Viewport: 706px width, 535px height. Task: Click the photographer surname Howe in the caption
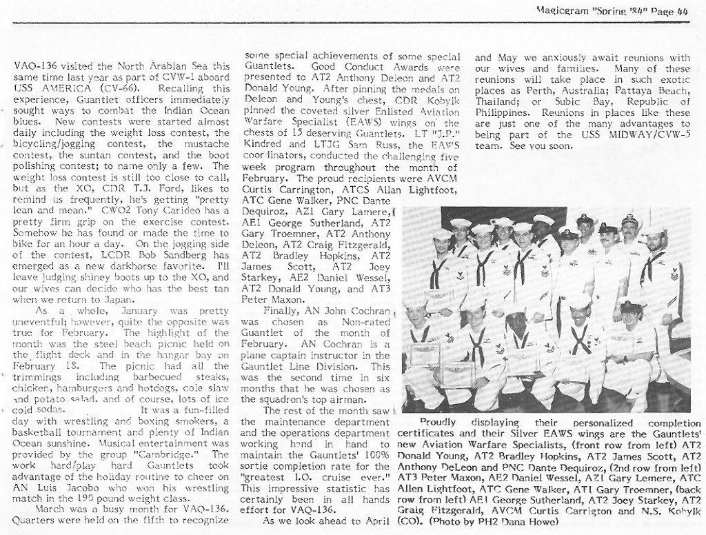(544, 523)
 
